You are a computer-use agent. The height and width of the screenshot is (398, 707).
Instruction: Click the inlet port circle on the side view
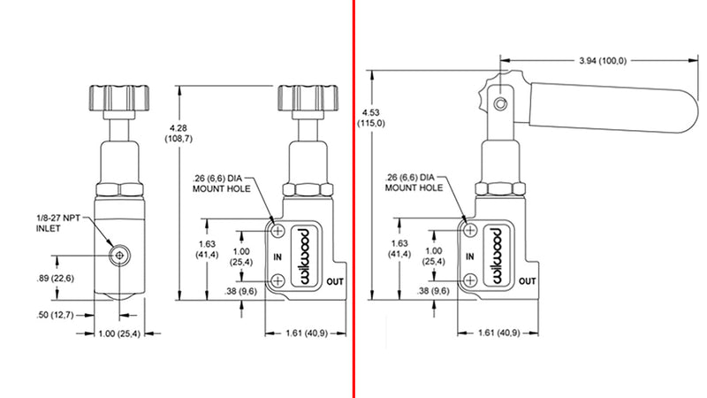point(117,255)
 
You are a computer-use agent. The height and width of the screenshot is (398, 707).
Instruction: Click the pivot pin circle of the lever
point(500,104)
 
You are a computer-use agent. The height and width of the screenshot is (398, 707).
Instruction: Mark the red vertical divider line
point(353,199)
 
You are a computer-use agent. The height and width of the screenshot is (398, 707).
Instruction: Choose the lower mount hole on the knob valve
point(278,280)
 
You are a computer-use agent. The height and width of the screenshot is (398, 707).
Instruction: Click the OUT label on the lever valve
point(527,280)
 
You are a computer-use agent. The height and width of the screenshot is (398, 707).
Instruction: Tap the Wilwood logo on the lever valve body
point(495,256)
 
